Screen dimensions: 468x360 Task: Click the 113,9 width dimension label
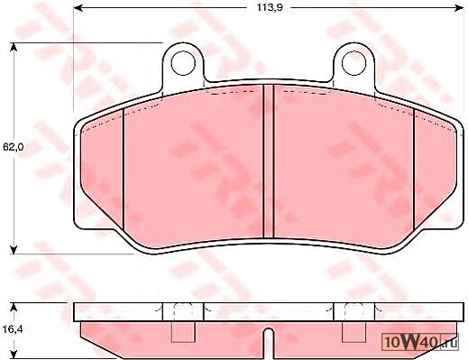tap(270, 8)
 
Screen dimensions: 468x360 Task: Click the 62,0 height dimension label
tap(14, 147)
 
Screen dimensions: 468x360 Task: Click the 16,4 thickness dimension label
tap(13, 329)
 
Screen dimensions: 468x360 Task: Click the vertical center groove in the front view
tap(268, 161)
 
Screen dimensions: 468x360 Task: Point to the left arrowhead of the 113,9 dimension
tap(78, 8)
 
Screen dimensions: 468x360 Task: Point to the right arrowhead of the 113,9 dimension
tap(459, 8)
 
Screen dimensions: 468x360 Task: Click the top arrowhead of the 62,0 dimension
tap(14, 48)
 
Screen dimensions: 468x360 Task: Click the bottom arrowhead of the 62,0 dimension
tap(14, 249)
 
